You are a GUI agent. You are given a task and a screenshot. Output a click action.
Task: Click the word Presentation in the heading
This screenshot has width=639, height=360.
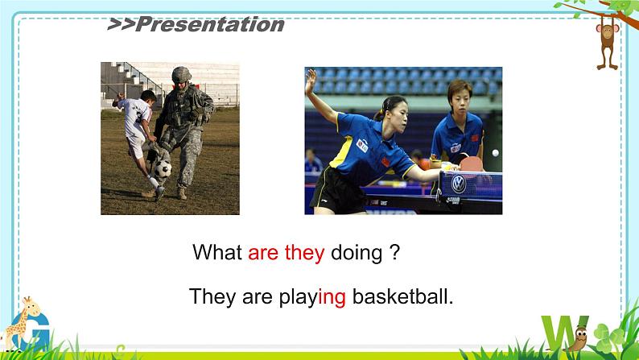[x=210, y=24]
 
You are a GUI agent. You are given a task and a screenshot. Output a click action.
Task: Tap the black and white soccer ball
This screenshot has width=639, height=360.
[x=163, y=169]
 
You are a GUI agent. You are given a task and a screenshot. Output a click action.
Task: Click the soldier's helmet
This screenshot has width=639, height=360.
[x=181, y=75]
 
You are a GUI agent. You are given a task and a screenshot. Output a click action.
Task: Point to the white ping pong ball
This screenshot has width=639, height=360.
[x=496, y=153]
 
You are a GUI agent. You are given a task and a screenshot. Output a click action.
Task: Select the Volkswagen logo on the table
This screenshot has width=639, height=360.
[x=459, y=184]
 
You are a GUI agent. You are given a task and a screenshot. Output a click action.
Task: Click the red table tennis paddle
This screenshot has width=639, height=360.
[x=472, y=164]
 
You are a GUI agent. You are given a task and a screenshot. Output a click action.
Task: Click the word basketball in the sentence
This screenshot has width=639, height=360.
[x=402, y=296]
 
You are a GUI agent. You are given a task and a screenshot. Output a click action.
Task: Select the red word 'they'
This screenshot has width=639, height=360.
[x=304, y=252]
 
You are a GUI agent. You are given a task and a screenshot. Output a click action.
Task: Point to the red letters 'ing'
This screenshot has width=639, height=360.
[x=332, y=297]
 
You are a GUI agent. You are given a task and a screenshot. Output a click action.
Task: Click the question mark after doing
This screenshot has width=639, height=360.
[x=395, y=252]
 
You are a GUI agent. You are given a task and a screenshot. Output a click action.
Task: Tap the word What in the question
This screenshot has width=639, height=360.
[x=217, y=252]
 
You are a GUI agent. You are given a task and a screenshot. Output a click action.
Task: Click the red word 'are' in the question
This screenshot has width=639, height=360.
[x=263, y=253]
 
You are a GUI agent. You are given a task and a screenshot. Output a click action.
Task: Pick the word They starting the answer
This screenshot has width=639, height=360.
[x=212, y=296]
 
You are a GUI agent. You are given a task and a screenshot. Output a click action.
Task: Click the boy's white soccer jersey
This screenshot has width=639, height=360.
[x=135, y=118]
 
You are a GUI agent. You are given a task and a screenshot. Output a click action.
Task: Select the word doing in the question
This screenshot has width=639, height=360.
[x=357, y=253]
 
